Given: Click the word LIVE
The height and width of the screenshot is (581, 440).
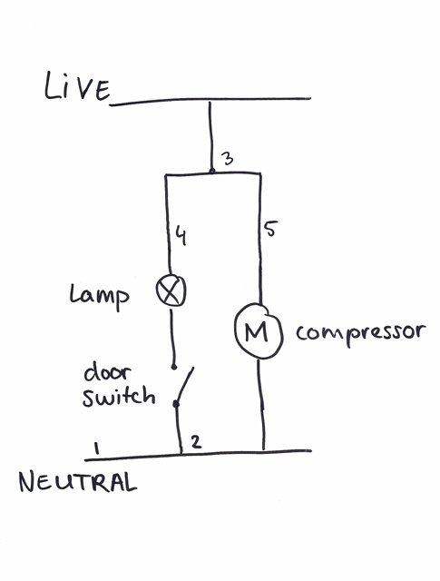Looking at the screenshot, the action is click(77, 87).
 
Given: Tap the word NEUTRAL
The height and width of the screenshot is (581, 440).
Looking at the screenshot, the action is click(78, 481).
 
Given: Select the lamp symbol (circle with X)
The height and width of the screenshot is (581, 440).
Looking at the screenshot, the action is click(171, 290).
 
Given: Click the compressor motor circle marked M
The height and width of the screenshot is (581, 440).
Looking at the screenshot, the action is click(259, 330).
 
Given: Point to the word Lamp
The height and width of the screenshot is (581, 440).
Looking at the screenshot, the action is click(99, 297).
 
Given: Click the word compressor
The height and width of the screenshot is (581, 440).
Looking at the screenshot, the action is click(360, 332).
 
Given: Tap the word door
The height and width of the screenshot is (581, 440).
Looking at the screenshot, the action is click(107, 373).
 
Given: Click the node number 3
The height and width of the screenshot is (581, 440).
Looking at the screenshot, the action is click(227, 159).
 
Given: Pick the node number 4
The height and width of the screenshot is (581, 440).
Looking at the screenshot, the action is click(181, 236).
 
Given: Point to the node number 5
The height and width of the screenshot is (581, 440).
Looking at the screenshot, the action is click(270, 229).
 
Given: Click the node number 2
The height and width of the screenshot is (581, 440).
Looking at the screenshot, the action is click(196, 442).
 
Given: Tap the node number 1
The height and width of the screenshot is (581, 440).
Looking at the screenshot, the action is click(97, 448).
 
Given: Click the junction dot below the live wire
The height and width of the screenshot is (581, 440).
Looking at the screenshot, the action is click(212, 172).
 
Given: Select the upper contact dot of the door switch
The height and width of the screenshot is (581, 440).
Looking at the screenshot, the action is click(173, 367).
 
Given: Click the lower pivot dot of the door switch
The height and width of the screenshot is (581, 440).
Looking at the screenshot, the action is click(176, 403).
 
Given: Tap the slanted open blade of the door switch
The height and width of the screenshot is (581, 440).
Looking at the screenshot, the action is click(185, 385).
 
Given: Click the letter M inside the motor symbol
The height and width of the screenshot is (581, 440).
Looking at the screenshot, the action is click(257, 332).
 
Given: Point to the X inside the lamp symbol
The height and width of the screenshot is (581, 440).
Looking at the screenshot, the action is click(170, 291).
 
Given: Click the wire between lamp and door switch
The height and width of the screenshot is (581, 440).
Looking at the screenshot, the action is click(171, 338).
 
